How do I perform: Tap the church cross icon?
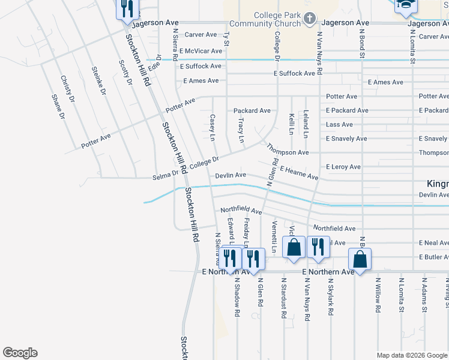[310, 19]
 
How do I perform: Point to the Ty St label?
[227, 38]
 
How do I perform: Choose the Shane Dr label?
[58, 107]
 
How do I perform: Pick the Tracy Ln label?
[241, 130]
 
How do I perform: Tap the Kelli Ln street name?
[291, 123]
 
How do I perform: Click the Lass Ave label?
[339, 125]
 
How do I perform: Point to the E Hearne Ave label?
[298, 174]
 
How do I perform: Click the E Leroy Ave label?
[343, 167]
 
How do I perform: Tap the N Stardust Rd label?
[283, 296]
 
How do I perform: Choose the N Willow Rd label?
[378, 295]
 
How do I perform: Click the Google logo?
[20, 353]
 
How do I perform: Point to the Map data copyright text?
[412, 355]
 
